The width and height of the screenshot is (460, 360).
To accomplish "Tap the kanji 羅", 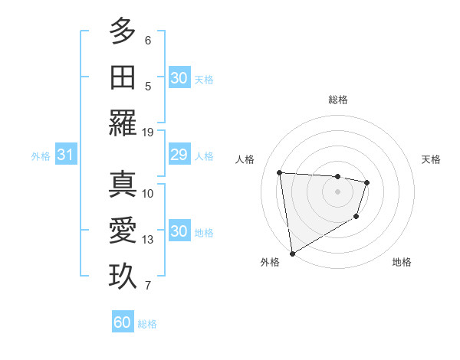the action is [x=123, y=123].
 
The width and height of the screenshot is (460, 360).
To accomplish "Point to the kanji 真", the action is [x=123, y=185].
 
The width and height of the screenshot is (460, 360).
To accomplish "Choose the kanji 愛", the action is [x=123, y=231].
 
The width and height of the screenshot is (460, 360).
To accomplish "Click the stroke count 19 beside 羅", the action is [x=148, y=132].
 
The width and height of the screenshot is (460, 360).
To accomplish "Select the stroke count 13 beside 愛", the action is [x=148, y=240].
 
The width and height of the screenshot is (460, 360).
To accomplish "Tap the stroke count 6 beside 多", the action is [x=148, y=39].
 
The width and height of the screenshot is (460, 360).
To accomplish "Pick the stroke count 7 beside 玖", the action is [x=148, y=286].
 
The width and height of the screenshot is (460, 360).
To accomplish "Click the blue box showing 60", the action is [x=122, y=322].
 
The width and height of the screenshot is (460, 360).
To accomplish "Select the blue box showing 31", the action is [x=65, y=155].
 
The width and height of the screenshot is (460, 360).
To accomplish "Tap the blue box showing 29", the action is [x=179, y=155].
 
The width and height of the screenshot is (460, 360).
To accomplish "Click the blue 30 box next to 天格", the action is [x=179, y=78].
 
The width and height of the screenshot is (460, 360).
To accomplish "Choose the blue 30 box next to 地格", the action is [x=179, y=232].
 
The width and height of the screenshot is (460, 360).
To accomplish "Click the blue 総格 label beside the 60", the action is [x=147, y=324].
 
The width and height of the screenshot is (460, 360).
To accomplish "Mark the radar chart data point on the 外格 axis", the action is [x=291, y=254].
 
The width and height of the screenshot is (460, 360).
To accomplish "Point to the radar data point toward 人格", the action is [x=280, y=172].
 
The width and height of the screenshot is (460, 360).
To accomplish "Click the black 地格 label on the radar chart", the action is [x=402, y=262].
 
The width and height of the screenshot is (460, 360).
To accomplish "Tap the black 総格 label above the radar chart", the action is [x=338, y=100].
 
